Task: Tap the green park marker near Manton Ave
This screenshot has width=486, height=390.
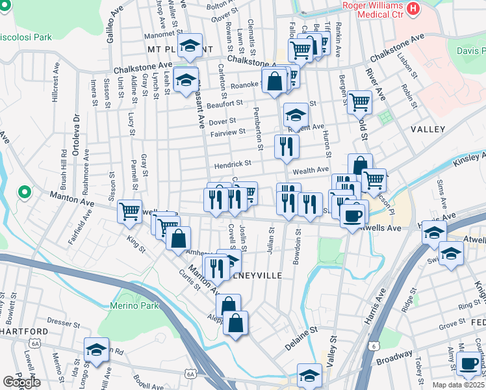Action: pos(25,192)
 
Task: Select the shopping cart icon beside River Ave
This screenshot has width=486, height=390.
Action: pos(359,101)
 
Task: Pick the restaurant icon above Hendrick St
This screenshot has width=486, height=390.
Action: pos(286,146)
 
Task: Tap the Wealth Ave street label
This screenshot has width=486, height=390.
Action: pos(312,170)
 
